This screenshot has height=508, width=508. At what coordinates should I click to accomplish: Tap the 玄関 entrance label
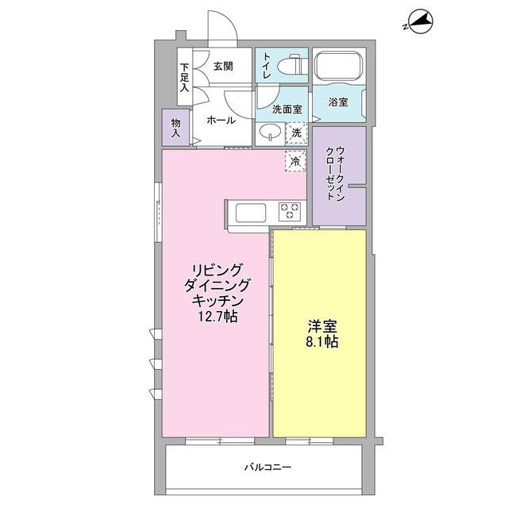click(x=224, y=66)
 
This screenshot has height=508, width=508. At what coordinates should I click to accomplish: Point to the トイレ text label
click(x=267, y=67)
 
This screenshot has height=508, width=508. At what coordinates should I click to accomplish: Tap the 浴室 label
click(x=338, y=102)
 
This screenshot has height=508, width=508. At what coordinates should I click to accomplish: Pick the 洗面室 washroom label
click(x=287, y=109)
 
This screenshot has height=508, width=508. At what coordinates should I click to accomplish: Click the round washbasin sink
click(x=270, y=133)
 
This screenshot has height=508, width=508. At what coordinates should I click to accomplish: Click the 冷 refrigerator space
click(x=295, y=161)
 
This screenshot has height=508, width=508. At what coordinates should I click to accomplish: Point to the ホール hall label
click(x=220, y=121)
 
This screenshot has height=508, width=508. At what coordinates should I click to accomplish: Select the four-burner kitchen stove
click(x=289, y=211)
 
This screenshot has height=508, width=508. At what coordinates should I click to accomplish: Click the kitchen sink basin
click(x=249, y=212)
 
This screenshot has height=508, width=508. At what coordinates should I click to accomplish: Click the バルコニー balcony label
click(x=267, y=467)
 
